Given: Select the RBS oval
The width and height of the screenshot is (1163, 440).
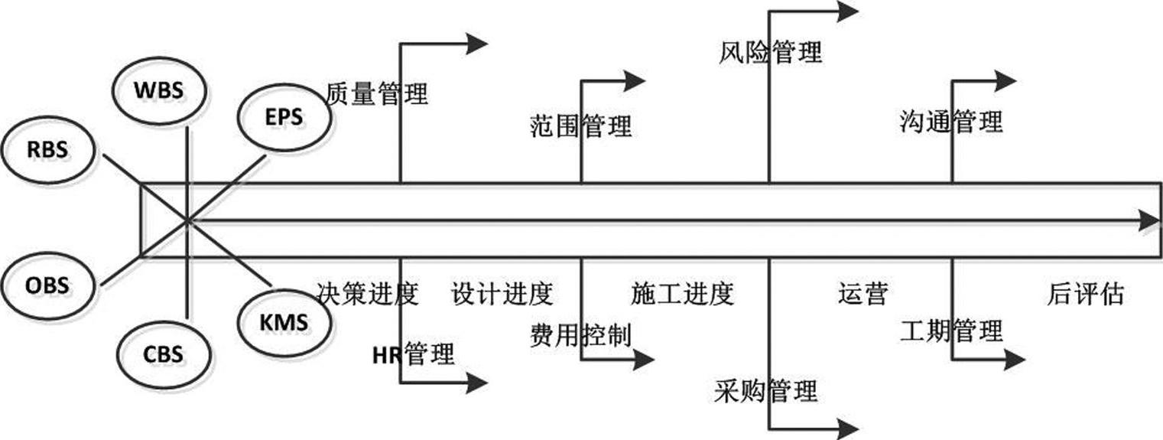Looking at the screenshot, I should pos(47,149).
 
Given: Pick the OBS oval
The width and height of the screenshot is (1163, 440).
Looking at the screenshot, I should pos(47,286).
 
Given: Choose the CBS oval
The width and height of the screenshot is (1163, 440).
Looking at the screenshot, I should pos(163,354).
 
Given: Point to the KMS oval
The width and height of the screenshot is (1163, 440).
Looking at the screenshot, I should pos(284,321).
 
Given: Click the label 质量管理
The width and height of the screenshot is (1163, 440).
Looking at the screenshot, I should pos(376,93).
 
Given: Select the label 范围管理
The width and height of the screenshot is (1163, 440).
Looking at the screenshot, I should pos(580,125).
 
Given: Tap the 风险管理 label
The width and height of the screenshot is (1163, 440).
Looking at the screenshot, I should pos(770,52).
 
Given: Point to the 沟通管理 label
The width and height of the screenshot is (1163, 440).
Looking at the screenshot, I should pos(950,121).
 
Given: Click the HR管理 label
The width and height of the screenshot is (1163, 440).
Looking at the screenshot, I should pos(413,354).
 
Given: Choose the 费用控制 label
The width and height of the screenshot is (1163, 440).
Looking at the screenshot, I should pos(580,334).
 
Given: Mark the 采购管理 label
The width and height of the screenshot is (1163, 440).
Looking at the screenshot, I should pos(767,390).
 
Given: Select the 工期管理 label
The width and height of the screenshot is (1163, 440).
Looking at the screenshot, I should pos(950,331).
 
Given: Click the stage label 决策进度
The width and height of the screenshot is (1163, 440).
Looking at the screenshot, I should pos(366,293).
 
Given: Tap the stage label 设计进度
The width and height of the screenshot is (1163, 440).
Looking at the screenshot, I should pos(502,293).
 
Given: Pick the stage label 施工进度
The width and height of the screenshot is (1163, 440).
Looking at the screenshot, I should pos(682,293).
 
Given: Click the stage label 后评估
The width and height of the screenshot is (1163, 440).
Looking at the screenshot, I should pos(1085,293).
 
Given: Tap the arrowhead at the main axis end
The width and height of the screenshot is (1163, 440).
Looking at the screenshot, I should pos(1149,221).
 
